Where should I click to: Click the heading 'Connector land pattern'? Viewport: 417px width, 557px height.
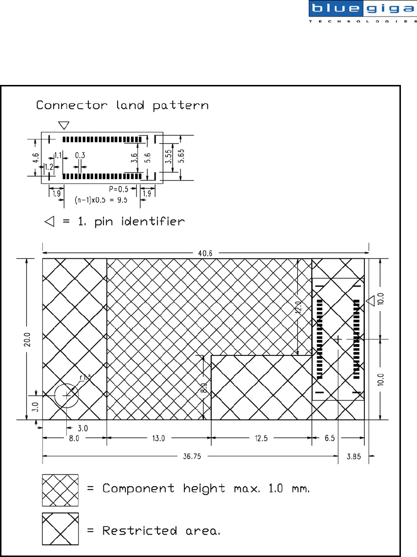[122, 105]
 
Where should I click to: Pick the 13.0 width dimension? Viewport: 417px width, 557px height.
[159, 438]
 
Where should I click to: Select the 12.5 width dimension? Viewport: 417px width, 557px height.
[261, 438]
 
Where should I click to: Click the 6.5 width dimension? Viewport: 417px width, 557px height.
[330, 438]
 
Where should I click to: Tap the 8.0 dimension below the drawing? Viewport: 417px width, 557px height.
[74, 438]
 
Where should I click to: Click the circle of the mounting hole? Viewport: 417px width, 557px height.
[66, 394]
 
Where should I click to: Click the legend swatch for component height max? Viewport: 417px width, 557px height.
[60, 490]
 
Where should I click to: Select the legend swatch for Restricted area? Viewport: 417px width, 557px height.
[60, 529]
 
